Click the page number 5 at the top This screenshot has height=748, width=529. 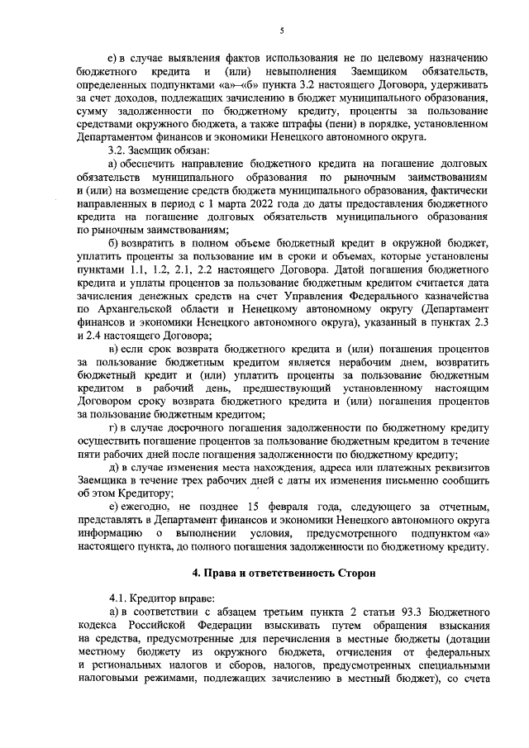coord(281,31)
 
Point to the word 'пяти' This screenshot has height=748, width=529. coord(87,454)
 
